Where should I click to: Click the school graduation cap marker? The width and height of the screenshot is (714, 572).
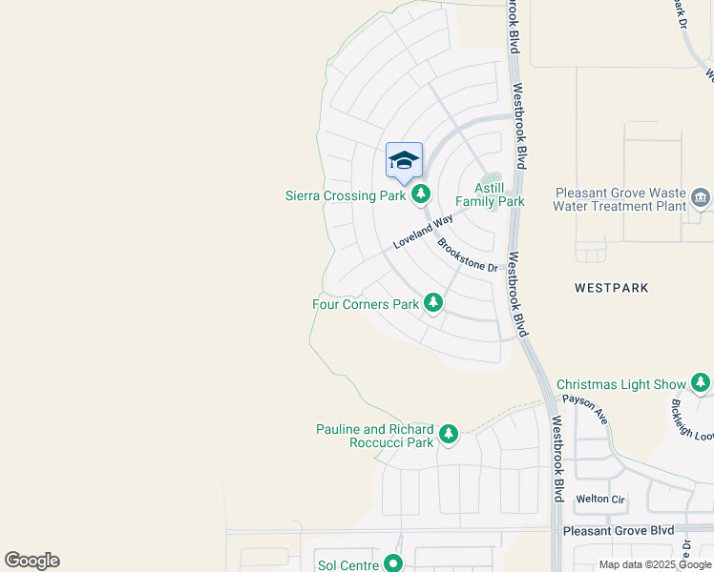pyautogui.click(x=404, y=160)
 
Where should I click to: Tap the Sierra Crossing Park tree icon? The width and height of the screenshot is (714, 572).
pyautogui.click(x=421, y=195)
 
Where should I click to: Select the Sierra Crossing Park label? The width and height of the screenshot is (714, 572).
pyautogui.click(x=346, y=195)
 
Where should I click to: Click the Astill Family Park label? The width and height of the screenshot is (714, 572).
pyautogui.click(x=490, y=194)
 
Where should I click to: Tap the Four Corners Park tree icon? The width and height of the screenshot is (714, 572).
pyautogui.click(x=433, y=303)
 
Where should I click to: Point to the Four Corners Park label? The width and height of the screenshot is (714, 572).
pyautogui.click(x=366, y=304)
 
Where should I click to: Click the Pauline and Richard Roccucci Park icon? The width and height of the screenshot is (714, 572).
pyautogui.click(x=448, y=435)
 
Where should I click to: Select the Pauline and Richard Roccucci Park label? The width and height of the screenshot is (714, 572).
pyautogui.click(x=375, y=436)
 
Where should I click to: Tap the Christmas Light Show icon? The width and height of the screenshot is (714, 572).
pyautogui.click(x=702, y=383)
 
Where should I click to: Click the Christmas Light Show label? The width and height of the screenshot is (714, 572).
pyautogui.click(x=620, y=384)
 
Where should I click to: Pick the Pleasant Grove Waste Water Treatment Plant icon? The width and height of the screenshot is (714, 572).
pyautogui.click(x=702, y=198)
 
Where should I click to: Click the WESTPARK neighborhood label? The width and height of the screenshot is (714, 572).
pyautogui.click(x=612, y=287)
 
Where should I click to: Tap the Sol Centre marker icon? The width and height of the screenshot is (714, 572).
pyautogui.click(x=393, y=564)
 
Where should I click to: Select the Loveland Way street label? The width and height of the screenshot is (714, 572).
pyautogui.click(x=423, y=233)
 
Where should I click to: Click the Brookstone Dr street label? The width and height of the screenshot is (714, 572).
pyautogui.click(x=469, y=255)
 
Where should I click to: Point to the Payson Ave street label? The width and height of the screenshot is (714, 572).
pyautogui.click(x=585, y=410)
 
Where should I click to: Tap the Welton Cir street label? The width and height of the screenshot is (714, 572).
pyautogui.click(x=600, y=499)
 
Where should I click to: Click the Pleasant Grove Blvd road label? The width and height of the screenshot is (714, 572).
pyautogui.click(x=619, y=530)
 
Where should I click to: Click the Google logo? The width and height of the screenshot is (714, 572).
pyautogui.click(x=32, y=561)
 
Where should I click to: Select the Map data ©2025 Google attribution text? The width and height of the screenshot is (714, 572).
pyautogui.click(x=655, y=564)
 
